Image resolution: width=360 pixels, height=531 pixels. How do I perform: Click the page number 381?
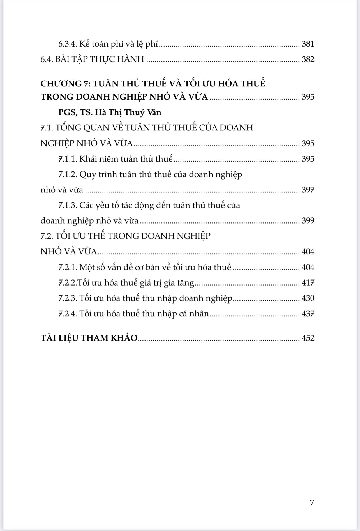pyautogui.click(x=308, y=44)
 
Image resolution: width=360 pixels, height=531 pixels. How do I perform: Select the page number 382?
pyautogui.click(x=308, y=59)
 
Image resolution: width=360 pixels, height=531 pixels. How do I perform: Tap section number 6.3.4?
pyautogui.click(x=67, y=44)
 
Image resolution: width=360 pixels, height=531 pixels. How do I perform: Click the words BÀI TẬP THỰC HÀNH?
pyautogui.click(x=100, y=59)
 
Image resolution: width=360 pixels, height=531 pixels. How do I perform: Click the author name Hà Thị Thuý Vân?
pyautogui.click(x=128, y=112)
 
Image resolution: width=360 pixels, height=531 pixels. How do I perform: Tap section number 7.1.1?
pyautogui.click(x=67, y=159)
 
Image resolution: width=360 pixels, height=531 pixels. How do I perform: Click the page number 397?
pyautogui.click(x=308, y=190)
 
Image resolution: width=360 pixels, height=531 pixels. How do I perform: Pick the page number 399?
pyautogui.click(x=308, y=220)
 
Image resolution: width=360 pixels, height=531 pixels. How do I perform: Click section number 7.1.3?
pyautogui.click(x=67, y=205)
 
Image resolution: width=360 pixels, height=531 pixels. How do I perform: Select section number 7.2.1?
pyautogui.click(x=67, y=267)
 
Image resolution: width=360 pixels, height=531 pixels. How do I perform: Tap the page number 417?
pyautogui.click(x=308, y=283)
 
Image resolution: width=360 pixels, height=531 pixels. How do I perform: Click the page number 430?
pyautogui.click(x=308, y=298)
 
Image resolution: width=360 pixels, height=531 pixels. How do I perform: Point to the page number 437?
pyautogui.click(x=308, y=314)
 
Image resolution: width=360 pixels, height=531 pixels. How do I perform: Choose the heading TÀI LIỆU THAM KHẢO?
pyautogui.click(x=89, y=338)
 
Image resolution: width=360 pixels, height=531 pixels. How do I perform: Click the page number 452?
pyautogui.click(x=308, y=338)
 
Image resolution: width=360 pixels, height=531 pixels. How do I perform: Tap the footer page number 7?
pyautogui.click(x=312, y=503)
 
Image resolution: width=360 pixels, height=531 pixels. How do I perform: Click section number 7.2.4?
pyautogui.click(x=67, y=314)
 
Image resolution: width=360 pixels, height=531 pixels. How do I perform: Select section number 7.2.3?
pyautogui.click(x=67, y=298)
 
